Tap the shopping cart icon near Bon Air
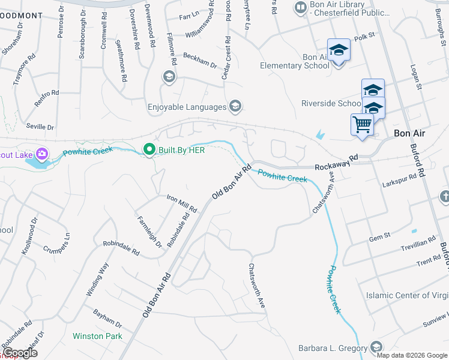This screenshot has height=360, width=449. (362, 125)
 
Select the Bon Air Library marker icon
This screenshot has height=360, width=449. (300, 8)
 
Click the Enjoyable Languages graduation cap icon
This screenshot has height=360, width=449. (235, 107)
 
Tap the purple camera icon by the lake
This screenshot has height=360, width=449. (41, 154)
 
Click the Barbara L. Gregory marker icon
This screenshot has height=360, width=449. (376, 348)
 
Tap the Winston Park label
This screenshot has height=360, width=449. (97, 336)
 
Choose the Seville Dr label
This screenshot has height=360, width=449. (40, 127)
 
